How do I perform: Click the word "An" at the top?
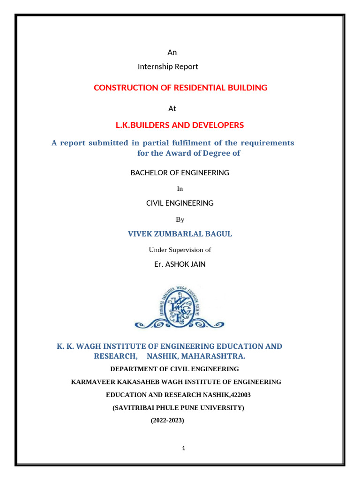point(172,52)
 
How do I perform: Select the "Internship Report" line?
point(168,67)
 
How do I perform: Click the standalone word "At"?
point(172,109)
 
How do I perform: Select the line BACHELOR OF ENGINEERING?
point(180,173)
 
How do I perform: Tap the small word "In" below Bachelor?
point(180,189)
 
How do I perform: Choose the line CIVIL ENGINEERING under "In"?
point(180,203)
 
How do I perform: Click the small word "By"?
point(180,219)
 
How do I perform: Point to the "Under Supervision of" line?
point(180,250)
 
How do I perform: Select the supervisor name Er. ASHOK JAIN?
point(180,264)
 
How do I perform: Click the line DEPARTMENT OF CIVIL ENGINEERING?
point(174,369)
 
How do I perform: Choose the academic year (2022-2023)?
point(167,421)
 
